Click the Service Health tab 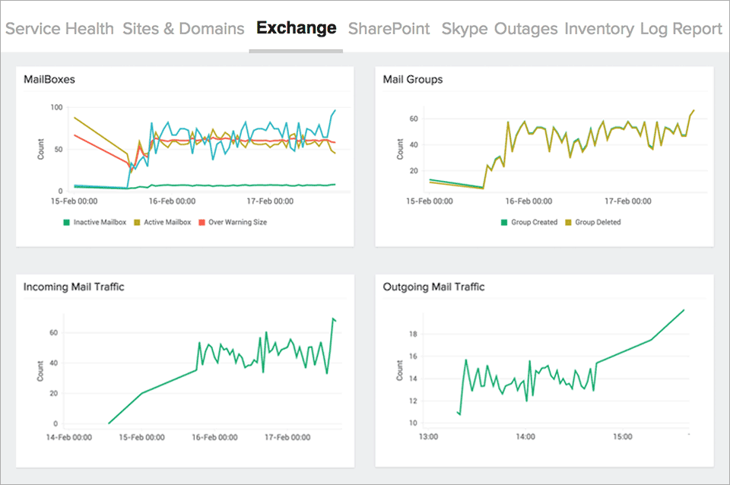[x=59, y=29]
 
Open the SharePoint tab [x=389, y=29]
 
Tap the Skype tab [x=464, y=29]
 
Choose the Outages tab [x=525, y=29]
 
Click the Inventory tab [x=598, y=29]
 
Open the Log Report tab [x=681, y=29]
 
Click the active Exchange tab [x=296, y=29]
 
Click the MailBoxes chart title [x=49, y=79]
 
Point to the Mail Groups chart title [x=413, y=79]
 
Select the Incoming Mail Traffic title [x=74, y=287]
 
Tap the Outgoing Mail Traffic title [x=433, y=287]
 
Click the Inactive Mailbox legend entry [x=95, y=222]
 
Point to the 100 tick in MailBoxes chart [x=56, y=107]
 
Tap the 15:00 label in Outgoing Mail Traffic [x=622, y=437]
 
